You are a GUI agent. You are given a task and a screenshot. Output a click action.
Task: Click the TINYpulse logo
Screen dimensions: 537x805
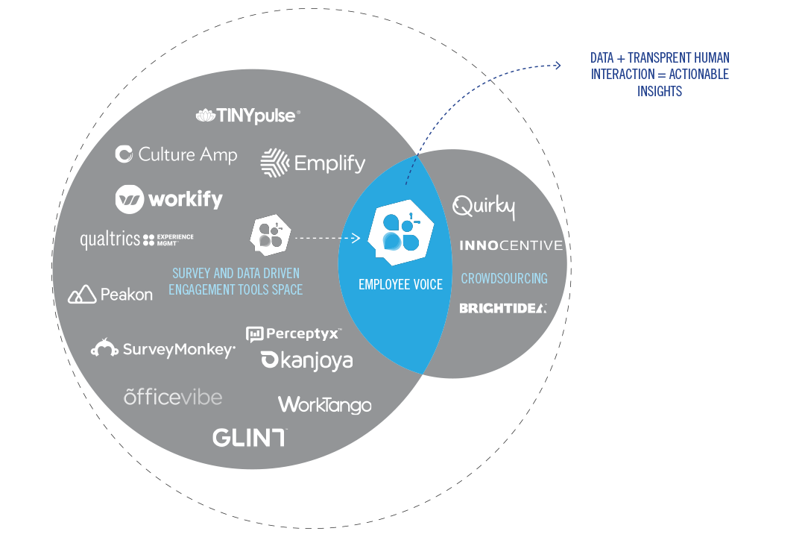point(248,116)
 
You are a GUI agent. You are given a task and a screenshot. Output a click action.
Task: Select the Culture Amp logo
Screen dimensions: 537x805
point(177,154)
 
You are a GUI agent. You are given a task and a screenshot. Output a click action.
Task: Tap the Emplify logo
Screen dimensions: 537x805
point(313,163)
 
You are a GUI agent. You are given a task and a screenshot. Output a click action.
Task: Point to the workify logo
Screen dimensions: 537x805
point(169,199)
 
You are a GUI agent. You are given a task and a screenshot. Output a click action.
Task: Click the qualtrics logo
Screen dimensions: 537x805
point(136,239)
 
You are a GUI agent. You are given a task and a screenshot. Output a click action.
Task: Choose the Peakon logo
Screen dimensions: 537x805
point(110,295)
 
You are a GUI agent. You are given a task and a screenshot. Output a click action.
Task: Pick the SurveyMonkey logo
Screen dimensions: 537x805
point(163,348)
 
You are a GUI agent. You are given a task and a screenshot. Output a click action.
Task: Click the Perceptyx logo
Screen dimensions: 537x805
point(294,333)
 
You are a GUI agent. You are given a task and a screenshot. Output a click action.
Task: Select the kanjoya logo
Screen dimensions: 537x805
point(306,361)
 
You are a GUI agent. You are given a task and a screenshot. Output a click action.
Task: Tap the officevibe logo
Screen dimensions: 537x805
point(173,397)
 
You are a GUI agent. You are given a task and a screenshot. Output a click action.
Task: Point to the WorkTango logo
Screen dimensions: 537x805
point(324,405)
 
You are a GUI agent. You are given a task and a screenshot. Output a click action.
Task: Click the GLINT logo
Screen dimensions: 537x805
point(249,437)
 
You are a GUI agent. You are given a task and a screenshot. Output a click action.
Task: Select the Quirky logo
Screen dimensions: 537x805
point(484,207)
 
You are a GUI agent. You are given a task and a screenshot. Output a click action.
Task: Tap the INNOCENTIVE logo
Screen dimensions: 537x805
point(511,245)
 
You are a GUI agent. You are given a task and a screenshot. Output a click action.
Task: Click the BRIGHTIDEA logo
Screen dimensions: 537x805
point(502,308)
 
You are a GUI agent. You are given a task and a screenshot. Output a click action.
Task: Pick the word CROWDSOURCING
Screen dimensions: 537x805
point(504,278)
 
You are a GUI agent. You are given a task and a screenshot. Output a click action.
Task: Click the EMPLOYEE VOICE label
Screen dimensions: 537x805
point(400,284)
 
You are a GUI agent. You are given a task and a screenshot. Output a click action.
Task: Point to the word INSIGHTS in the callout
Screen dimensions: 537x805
point(660,92)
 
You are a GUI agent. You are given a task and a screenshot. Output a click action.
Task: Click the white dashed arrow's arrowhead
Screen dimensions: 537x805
point(357,239)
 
